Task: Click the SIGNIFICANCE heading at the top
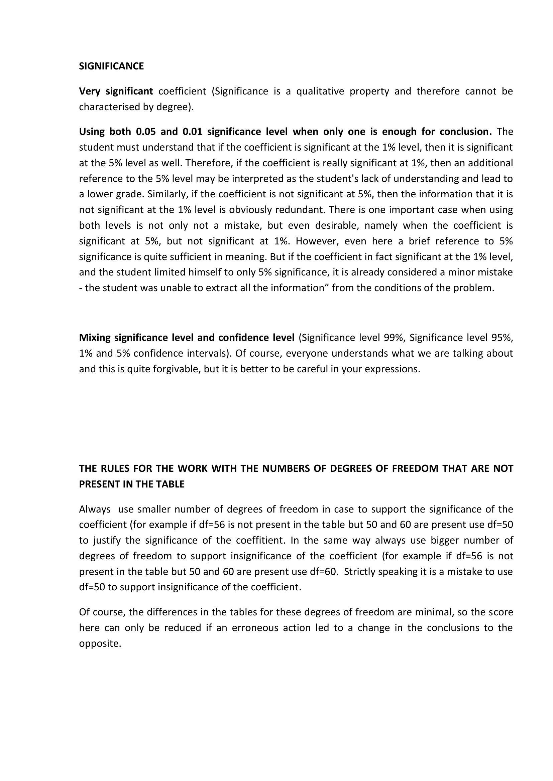click(x=111, y=66)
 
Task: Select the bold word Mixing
click(x=95, y=338)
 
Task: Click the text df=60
click(x=324, y=571)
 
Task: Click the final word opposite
click(x=100, y=643)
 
